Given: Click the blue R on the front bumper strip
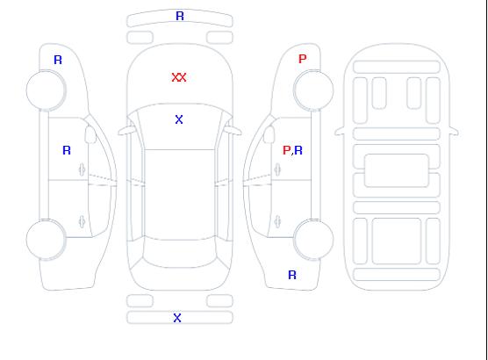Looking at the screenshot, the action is pos(180,16).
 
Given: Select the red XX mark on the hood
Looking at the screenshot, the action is pos(179,77).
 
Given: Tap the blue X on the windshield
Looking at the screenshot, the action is pos(179,119).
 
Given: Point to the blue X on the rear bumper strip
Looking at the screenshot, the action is pos(177,318).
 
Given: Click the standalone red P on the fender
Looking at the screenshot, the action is pos(302,59).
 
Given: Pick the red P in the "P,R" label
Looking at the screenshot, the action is pos(286,150).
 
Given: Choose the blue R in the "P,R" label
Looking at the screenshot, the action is pos(298,150).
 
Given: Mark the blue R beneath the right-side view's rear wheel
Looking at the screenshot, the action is pos(292,275).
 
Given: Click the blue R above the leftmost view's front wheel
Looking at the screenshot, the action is pos(58,60).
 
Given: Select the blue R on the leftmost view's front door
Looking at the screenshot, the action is pos(67,150).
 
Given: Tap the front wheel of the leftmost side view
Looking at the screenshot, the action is pos(46,90).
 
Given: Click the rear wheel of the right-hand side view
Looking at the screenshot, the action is pos(313,240).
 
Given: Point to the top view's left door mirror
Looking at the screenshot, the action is pos(126,131).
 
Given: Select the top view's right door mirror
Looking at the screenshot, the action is pos(233,131).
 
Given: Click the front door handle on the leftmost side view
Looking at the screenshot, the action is pos(83,169).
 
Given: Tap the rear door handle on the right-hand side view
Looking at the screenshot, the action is pos(277,222).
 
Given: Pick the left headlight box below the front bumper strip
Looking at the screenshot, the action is pos(140,38).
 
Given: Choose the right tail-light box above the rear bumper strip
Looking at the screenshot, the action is pos(219,301).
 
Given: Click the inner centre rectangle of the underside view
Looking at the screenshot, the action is pos(397,170).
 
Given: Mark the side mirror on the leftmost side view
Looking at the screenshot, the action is pos(90,134).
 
